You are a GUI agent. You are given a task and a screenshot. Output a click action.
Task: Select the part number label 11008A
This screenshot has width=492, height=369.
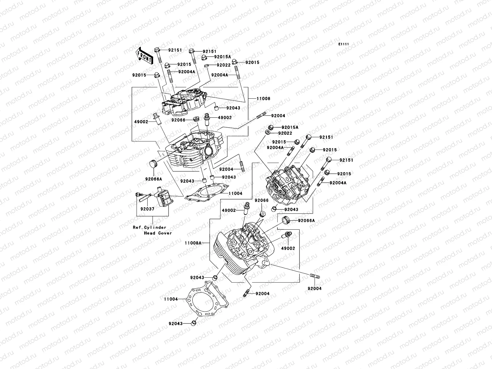click(x=193, y=243)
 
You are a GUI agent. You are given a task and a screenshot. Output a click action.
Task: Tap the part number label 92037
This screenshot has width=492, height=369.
click(x=147, y=208)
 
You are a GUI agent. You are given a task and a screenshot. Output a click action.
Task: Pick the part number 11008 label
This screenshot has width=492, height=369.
click(x=264, y=99)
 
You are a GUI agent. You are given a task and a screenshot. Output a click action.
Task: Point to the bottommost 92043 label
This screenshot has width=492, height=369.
click(x=175, y=323)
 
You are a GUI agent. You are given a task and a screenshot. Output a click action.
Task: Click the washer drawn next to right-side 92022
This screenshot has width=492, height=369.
click(x=268, y=132)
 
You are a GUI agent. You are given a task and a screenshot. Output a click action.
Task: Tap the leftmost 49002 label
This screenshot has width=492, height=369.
click(x=141, y=122)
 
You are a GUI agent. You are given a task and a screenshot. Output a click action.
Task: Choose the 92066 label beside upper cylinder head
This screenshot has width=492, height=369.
click(x=178, y=120)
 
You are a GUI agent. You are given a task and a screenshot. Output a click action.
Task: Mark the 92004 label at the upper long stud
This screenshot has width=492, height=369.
click(x=278, y=116)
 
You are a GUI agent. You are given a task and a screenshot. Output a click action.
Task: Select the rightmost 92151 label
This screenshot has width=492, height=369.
click(x=346, y=160)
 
